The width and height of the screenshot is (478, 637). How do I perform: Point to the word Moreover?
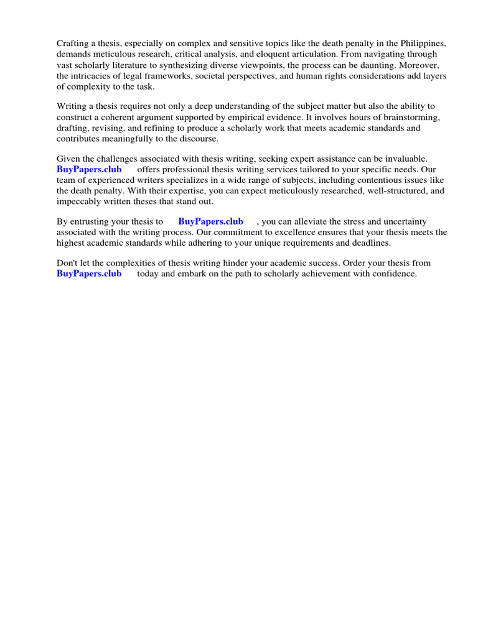[x=419, y=65]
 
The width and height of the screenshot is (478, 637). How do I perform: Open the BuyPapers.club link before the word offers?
[x=89, y=169]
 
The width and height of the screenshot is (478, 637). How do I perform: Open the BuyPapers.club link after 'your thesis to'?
[x=210, y=221]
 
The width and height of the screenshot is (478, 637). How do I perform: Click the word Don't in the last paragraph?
[x=68, y=263]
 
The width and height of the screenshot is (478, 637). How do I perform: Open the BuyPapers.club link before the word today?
[x=89, y=274]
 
